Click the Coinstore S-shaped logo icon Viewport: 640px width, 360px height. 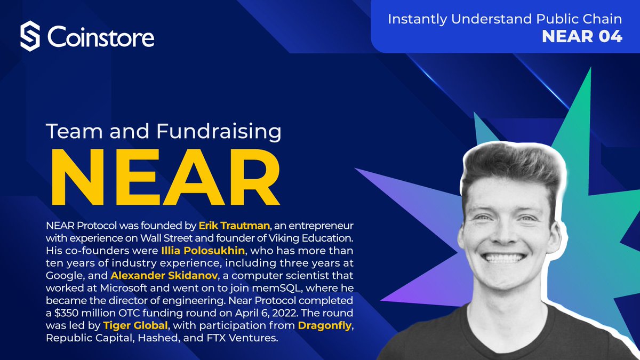[30, 37]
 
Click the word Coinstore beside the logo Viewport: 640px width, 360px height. [101, 37]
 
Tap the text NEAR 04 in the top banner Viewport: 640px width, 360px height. [582, 37]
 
